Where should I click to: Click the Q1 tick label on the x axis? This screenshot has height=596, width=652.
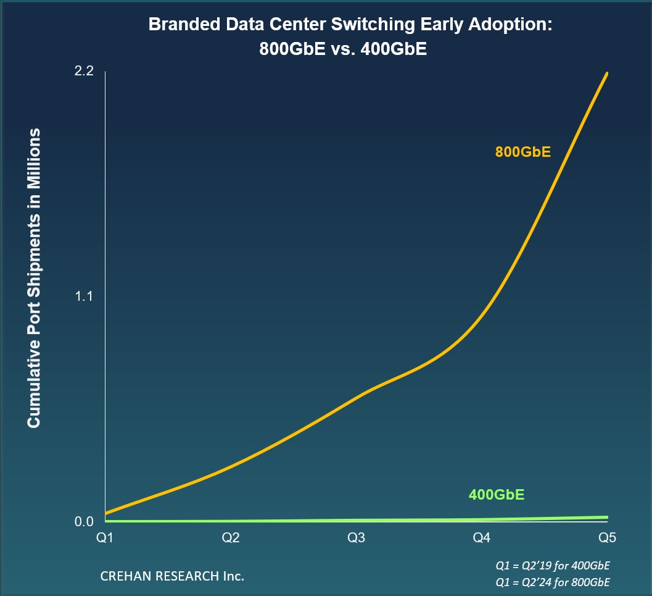[x=105, y=538]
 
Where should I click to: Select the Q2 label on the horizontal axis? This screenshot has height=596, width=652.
[x=231, y=538]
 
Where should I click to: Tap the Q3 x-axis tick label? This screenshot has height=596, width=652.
[x=356, y=538]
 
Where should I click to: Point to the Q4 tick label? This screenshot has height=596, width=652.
[x=482, y=538]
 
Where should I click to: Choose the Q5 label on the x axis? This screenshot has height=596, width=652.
[x=608, y=538]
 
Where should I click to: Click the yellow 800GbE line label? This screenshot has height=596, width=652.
[x=522, y=151]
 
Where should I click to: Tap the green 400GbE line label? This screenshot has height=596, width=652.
[x=497, y=494]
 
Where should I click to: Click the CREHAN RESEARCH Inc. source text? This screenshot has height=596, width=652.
[x=172, y=576]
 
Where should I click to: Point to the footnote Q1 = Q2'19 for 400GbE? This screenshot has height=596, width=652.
[x=553, y=565]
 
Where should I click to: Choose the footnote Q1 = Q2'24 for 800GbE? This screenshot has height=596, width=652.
[x=553, y=581]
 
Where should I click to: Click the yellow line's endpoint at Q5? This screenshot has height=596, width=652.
[x=607, y=73]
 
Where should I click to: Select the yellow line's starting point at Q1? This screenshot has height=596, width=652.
[x=106, y=513]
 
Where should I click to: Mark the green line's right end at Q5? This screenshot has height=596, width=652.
[x=607, y=517]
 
